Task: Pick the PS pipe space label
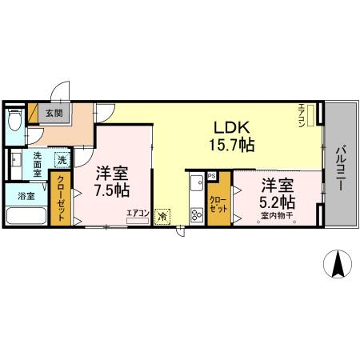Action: click(212, 175)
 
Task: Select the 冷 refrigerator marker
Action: click(163, 215)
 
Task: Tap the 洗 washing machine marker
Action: click(62, 160)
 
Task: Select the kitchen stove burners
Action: click(195, 214)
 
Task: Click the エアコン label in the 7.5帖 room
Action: click(138, 212)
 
